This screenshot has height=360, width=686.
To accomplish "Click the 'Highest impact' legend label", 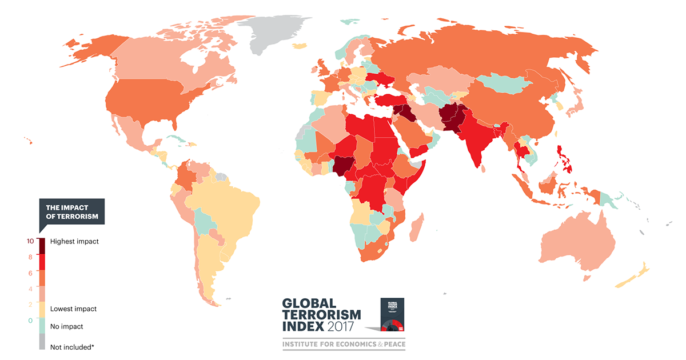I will [74, 242].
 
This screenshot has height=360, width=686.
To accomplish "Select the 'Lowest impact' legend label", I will [73, 309].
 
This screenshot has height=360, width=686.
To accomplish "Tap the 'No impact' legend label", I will [66, 327].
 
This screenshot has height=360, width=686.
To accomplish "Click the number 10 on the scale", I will [30, 241].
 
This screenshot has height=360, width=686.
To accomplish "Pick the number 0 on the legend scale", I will [30, 321].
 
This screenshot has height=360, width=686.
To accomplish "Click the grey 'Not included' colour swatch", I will [42, 342].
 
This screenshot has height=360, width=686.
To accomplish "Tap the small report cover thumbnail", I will [393, 315].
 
